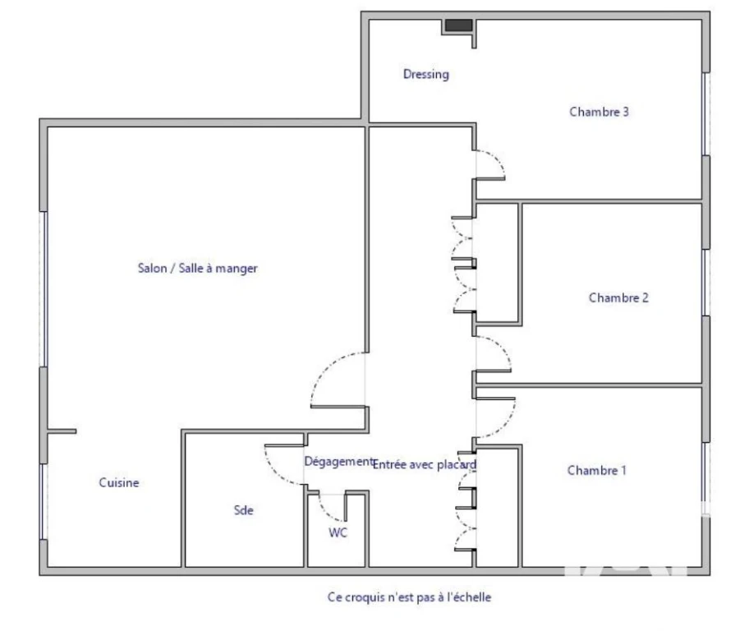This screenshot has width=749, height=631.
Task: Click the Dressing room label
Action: pos(426,75)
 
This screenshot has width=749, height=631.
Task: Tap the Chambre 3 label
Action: pos(599,112)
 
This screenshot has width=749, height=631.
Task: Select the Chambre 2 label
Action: pos(618,297)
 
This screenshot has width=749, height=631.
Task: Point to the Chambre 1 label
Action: pos(596,471)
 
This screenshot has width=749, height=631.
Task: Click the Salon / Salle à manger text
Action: pos(198,268)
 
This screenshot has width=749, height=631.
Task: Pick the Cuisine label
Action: pos(119,482)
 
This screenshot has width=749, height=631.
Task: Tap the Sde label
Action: pos(244,510)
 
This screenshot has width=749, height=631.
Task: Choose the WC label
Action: pos(338,532)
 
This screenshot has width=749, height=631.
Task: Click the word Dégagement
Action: pos(338,462)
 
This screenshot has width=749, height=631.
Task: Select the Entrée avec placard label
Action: pos(425,465)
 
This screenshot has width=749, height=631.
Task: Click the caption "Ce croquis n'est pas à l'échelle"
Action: pos(409,597)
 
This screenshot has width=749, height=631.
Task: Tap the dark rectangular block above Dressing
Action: pos(459,25)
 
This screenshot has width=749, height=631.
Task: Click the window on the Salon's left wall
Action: pos(44,288)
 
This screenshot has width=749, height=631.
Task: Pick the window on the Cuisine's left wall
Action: pos(44,501)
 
